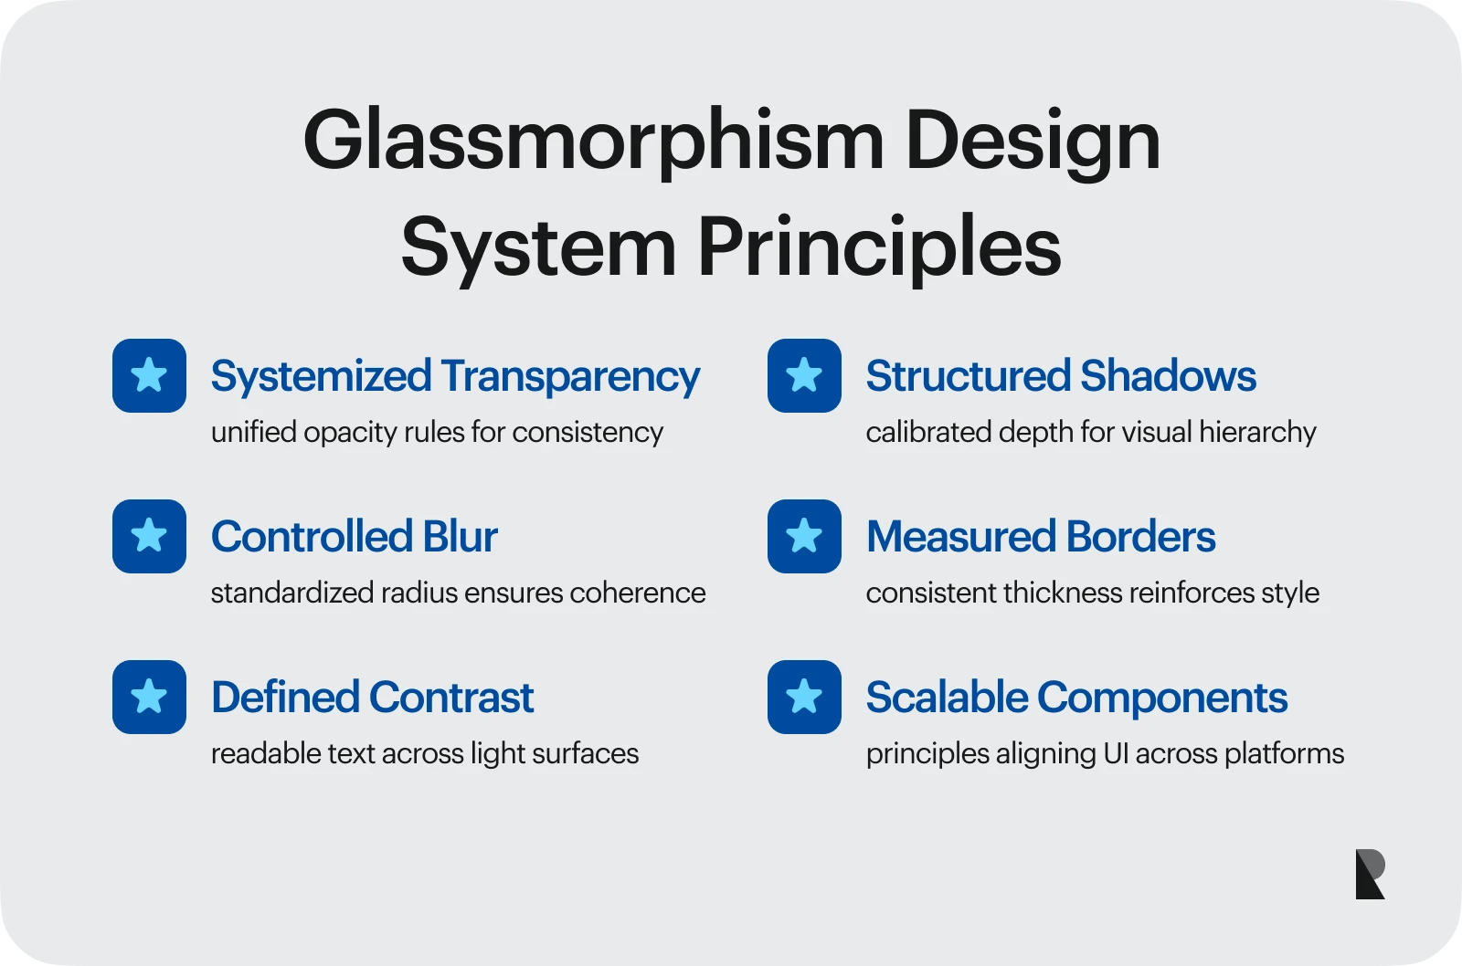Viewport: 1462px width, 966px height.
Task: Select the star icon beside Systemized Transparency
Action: [x=150, y=375]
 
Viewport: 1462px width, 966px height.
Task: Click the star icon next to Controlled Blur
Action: [x=150, y=536]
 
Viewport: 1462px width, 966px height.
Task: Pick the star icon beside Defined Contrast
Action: [x=150, y=698]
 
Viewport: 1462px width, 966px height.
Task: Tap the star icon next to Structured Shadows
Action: [x=804, y=375]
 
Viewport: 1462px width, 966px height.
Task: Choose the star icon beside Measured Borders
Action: [x=804, y=536]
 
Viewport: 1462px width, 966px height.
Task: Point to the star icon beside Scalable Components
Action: [x=804, y=698]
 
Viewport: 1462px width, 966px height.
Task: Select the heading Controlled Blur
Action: [x=355, y=537]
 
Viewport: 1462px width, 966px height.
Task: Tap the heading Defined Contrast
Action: [x=373, y=698]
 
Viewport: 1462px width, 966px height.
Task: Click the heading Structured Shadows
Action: [x=1061, y=376]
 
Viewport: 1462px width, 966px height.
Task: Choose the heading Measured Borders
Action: [x=1041, y=537]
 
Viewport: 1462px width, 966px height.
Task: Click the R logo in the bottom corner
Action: [x=1370, y=874]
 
